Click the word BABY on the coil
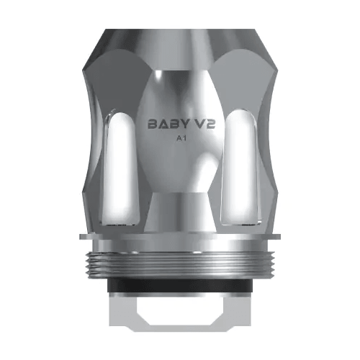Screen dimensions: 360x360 pyautogui.click(x=166, y=123)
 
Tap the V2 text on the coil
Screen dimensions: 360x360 pyautogui.click(x=203, y=123)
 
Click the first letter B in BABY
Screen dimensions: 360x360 pyautogui.click(x=153, y=123)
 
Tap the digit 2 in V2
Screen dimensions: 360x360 pyautogui.click(x=210, y=123)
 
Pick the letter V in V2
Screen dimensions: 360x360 pyautogui.click(x=197, y=123)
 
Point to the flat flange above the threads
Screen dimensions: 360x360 pyautogui.click(x=180, y=237)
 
